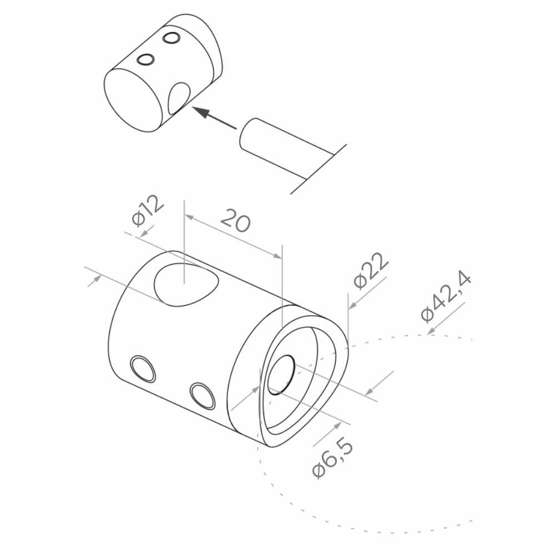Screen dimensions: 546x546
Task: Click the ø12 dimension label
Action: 147,210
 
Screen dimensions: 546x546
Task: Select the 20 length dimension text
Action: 236,220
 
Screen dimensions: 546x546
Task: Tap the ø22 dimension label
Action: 371,271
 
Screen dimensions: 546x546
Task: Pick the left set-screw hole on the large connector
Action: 143,369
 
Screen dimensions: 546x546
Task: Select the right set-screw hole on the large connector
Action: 203,396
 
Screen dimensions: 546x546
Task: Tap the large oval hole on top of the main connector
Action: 186,285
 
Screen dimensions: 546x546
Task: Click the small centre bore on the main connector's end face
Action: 281,375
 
